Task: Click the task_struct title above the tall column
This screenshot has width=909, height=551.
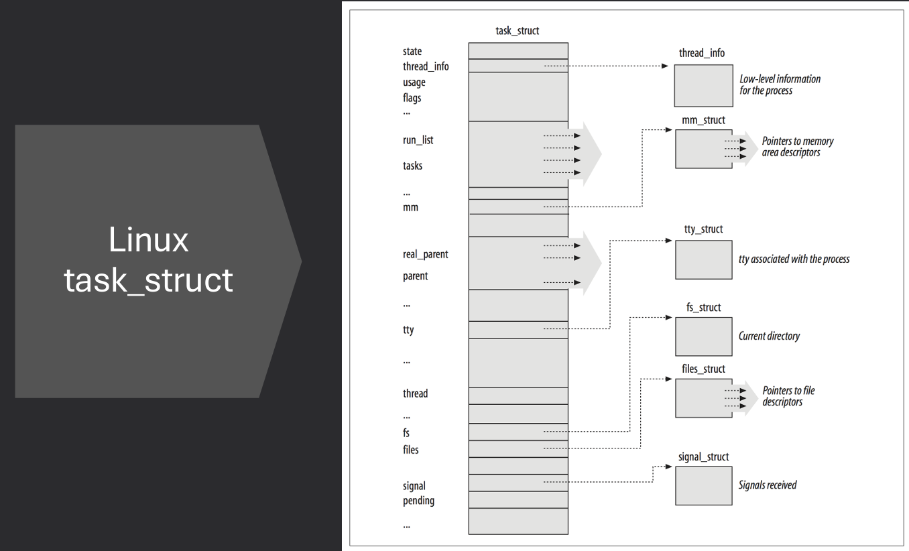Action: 518,31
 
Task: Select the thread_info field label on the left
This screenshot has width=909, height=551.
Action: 426,66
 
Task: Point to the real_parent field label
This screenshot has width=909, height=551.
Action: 425,255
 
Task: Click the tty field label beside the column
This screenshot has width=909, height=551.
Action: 408,330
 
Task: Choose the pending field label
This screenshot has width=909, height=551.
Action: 418,501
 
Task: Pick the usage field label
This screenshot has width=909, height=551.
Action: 414,82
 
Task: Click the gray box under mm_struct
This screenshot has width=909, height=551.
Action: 703,149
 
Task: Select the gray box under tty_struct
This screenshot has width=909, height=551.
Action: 703,259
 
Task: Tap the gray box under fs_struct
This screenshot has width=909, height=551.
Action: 703,336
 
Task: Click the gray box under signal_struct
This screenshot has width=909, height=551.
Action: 703,485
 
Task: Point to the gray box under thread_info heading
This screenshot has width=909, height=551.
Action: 703,86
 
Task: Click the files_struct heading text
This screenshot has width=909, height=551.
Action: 700,369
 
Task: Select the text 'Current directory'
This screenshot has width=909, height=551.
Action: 769,336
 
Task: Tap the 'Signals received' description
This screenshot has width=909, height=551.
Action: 768,485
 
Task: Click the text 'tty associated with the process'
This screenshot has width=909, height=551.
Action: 794,259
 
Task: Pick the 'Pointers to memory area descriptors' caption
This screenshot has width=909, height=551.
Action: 798,147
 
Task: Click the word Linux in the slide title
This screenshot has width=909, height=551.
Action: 148,240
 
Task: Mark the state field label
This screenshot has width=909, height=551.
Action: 412,52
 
